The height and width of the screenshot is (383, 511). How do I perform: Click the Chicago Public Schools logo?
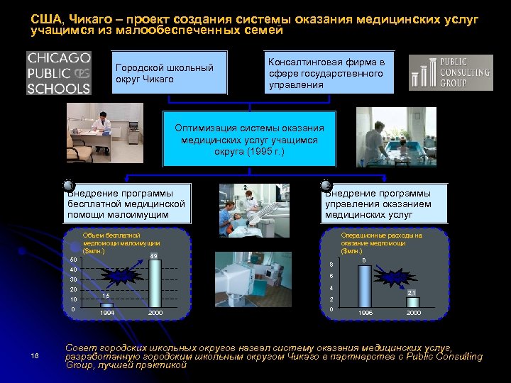[x=59, y=73]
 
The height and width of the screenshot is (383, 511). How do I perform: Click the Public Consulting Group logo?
[x=451, y=73]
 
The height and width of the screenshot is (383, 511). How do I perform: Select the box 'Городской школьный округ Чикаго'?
[x=170, y=73]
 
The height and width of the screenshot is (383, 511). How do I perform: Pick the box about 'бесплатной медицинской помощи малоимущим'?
[x=127, y=204]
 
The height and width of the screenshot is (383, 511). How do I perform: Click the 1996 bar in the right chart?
[x=364, y=287]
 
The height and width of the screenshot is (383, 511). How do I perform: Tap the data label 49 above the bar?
[x=153, y=255]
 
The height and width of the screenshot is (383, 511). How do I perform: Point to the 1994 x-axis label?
[x=106, y=313]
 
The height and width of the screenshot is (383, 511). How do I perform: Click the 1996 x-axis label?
[x=365, y=313]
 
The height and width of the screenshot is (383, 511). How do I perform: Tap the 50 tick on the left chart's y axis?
[x=73, y=260]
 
